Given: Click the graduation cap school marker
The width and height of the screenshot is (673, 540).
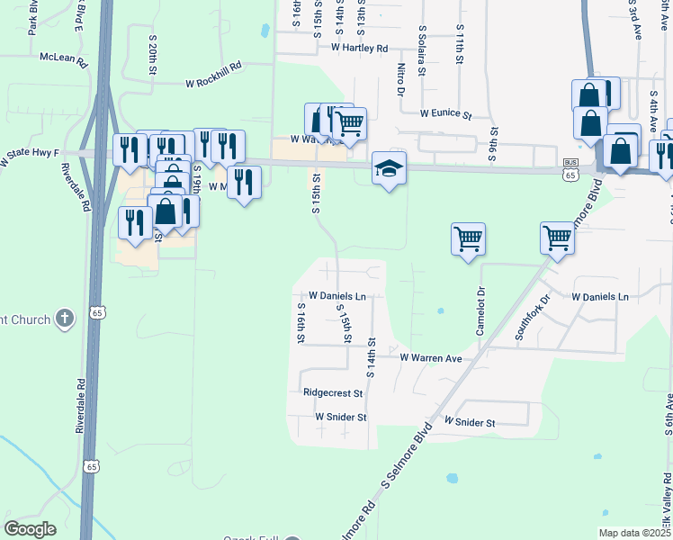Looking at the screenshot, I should pos(389,168).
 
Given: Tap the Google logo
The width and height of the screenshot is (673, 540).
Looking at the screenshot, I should pos(30,528).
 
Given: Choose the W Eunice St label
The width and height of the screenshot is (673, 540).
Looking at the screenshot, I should pos(445,114).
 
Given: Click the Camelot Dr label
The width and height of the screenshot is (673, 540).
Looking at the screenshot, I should pos(480,310).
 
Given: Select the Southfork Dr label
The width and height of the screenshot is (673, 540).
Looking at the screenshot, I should pos(532,317).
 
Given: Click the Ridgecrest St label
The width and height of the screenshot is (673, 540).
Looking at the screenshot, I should pos(332,392).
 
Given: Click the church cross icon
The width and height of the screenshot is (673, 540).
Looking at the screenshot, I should pos(64,318).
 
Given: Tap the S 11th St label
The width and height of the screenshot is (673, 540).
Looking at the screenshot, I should pos(459,45).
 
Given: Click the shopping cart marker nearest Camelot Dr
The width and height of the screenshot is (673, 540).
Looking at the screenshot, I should pos(468,239).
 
